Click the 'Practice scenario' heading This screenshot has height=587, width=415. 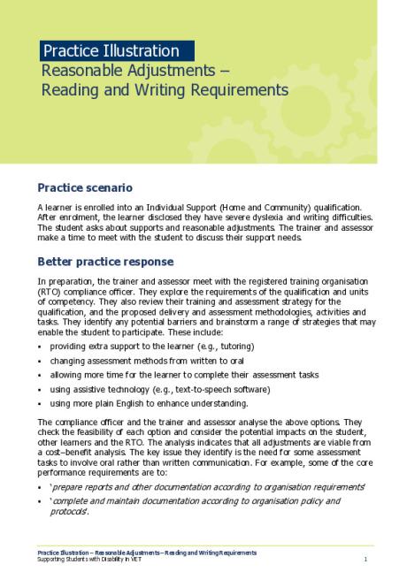pos(84,187)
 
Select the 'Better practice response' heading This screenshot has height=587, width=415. pos(105,263)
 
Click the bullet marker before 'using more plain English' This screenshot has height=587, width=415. pos(40,404)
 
